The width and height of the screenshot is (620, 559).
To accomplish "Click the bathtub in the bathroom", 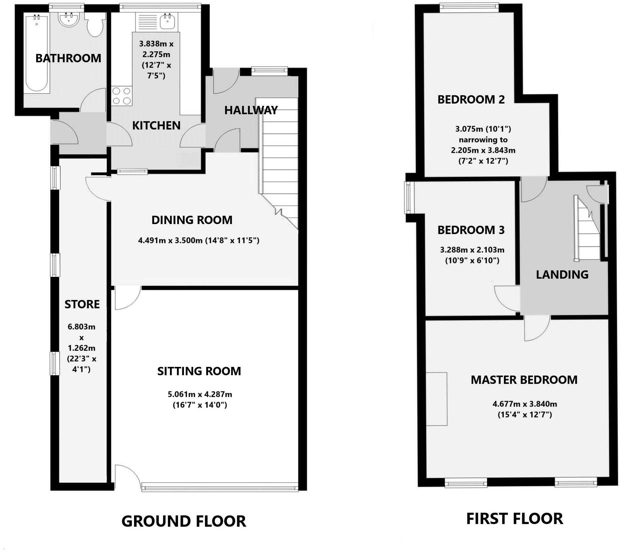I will click(37, 53).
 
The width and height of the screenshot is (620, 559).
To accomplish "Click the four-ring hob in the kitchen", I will click(121, 96).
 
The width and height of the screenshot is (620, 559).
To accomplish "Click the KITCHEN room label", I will click(156, 126).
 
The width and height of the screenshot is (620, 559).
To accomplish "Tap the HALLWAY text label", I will click(251, 110).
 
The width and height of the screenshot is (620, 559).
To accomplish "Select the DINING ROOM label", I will click(192, 220).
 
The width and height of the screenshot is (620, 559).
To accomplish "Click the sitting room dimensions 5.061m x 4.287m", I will click(200, 394).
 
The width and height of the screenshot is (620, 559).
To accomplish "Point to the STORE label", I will click(82, 304).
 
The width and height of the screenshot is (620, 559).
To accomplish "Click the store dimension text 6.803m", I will click(81, 327).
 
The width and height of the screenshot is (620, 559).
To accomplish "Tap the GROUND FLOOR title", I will click(184, 521).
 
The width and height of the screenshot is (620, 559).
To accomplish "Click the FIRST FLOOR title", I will click(514, 519).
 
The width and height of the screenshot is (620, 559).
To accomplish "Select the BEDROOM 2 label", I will click(471, 99).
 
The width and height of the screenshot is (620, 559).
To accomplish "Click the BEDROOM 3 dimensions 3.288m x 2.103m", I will click(472, 250).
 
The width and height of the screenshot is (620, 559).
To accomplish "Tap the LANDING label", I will click(562, 274).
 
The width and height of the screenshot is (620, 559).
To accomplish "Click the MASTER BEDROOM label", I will click(524, 380).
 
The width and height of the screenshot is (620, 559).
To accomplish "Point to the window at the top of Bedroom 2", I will click(469, 8).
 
